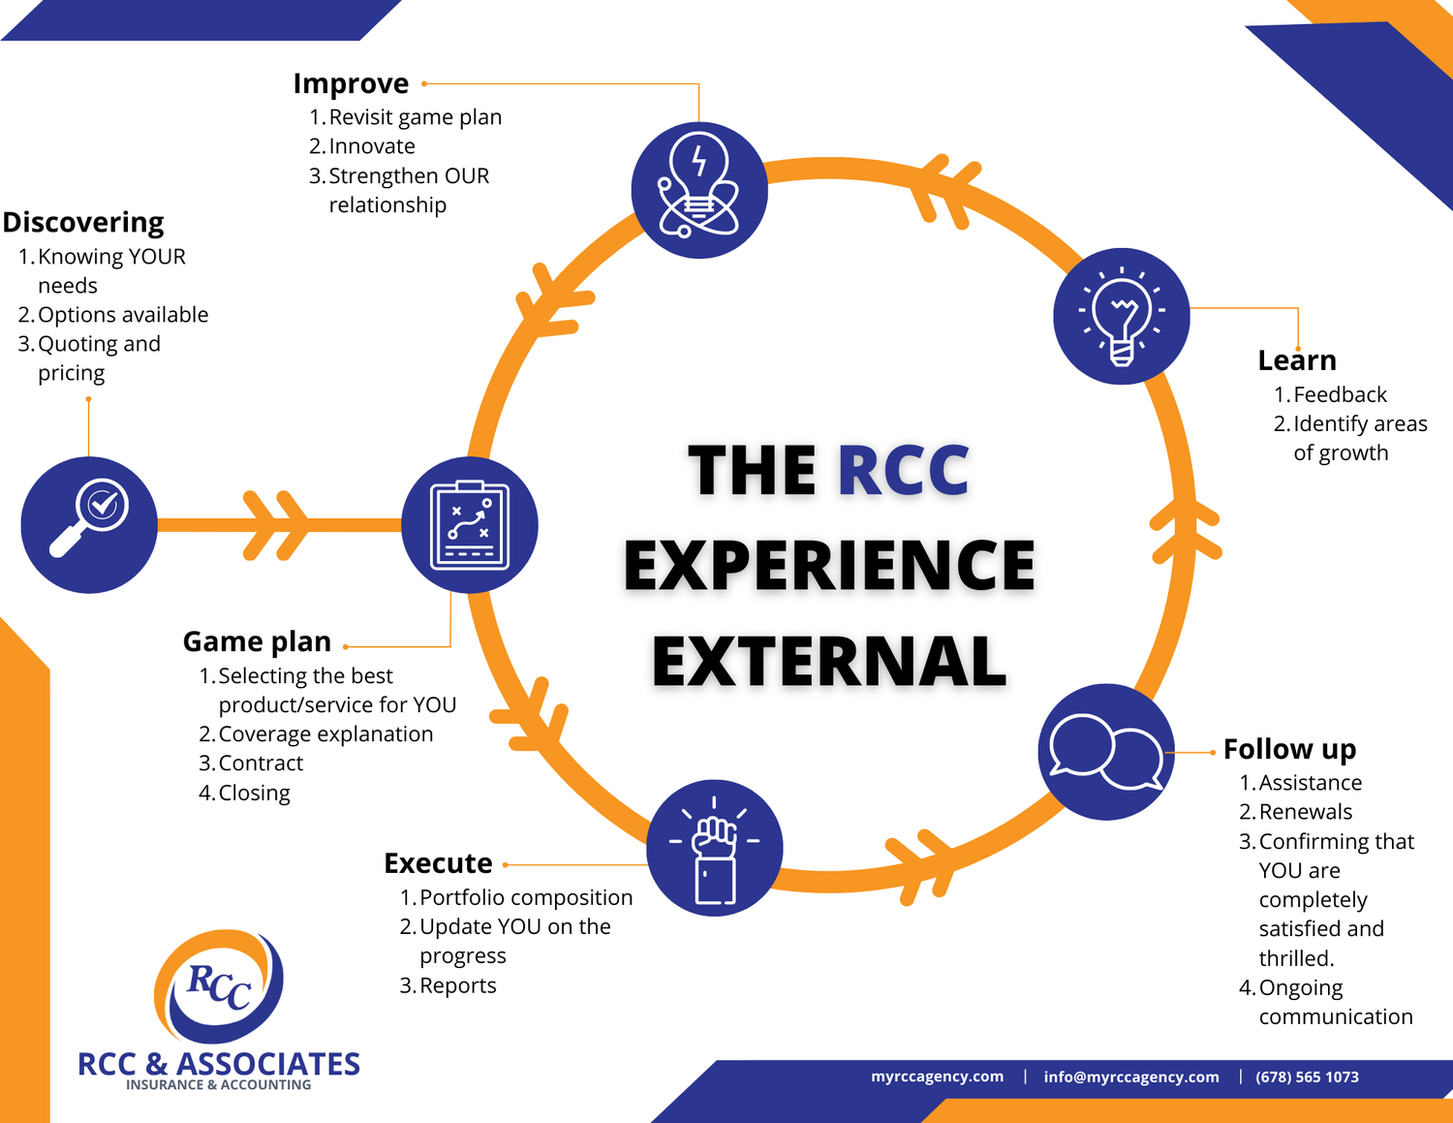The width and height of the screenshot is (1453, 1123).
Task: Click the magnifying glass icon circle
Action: (x=89, y=524)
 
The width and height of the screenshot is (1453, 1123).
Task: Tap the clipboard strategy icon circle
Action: (x=470, y=524)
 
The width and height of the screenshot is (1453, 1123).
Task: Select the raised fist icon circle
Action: (x=715, y=848)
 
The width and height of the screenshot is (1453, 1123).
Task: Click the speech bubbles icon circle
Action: (x=1106, y=752)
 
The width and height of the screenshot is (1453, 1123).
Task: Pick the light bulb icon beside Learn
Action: (x=1122, y=316)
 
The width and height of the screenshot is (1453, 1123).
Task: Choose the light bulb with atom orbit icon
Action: (x=699, y=190)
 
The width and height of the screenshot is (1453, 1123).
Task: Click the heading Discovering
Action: (x=83, y=222)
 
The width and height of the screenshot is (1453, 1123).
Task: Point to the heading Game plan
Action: (x=257, y=641)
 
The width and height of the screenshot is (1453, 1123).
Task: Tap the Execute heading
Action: (x=438, y=863)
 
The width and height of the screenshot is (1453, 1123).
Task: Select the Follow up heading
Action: (x=1289, y=749)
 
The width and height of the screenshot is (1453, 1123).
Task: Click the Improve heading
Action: (x=351, y=84)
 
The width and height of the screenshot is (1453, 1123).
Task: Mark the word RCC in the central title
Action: (x=903, y=471)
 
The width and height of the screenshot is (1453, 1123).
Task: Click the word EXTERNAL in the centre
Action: (x=829, y=662)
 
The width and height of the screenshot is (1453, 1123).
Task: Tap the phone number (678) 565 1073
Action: (x=1307, y=1077)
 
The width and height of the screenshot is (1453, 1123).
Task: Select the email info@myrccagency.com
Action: (x=1130, y=1077)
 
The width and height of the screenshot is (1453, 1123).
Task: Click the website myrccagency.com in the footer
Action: (x=937, y=1076)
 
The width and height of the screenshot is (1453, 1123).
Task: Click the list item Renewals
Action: (x=1305, y=812)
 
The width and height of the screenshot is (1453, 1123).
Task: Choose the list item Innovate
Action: (x=372, y=146)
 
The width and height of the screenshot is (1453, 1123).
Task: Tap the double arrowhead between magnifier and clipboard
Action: (x=276, y=525)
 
